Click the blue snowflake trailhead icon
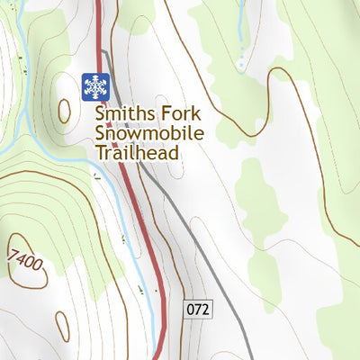point(95,86)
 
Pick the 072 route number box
point(199,309)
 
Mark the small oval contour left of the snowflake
point(64,111)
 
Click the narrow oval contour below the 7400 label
point(61,326)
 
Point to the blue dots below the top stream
point(241,63)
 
